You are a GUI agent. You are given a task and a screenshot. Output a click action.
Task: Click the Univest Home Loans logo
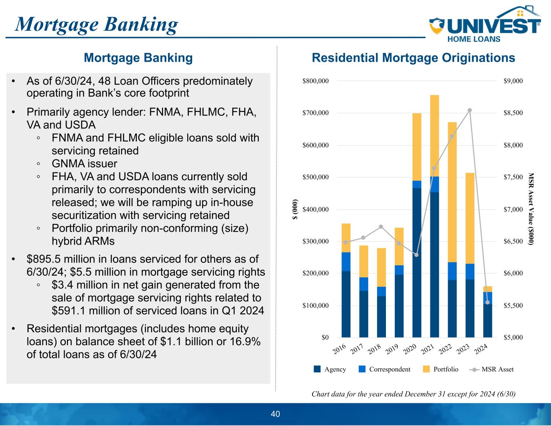click(484, 25)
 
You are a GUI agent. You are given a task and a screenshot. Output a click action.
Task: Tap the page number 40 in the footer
click(275, 414)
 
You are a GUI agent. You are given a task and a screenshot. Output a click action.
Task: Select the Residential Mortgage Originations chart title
click(413, 58)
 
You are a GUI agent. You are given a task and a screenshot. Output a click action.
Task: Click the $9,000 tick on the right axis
click(513, 81)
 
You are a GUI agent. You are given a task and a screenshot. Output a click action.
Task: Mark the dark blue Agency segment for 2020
click(417, 262)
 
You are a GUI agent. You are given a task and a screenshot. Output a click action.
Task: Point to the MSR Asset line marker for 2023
click(470, 110)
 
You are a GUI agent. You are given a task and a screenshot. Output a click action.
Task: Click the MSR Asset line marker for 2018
click(381, 227)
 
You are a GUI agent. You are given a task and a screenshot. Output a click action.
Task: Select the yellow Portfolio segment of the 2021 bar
click(434, 136)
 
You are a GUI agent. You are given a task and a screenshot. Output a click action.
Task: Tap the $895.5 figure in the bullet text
click(41, 259)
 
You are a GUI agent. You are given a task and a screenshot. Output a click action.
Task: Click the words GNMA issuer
click(84, 164)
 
